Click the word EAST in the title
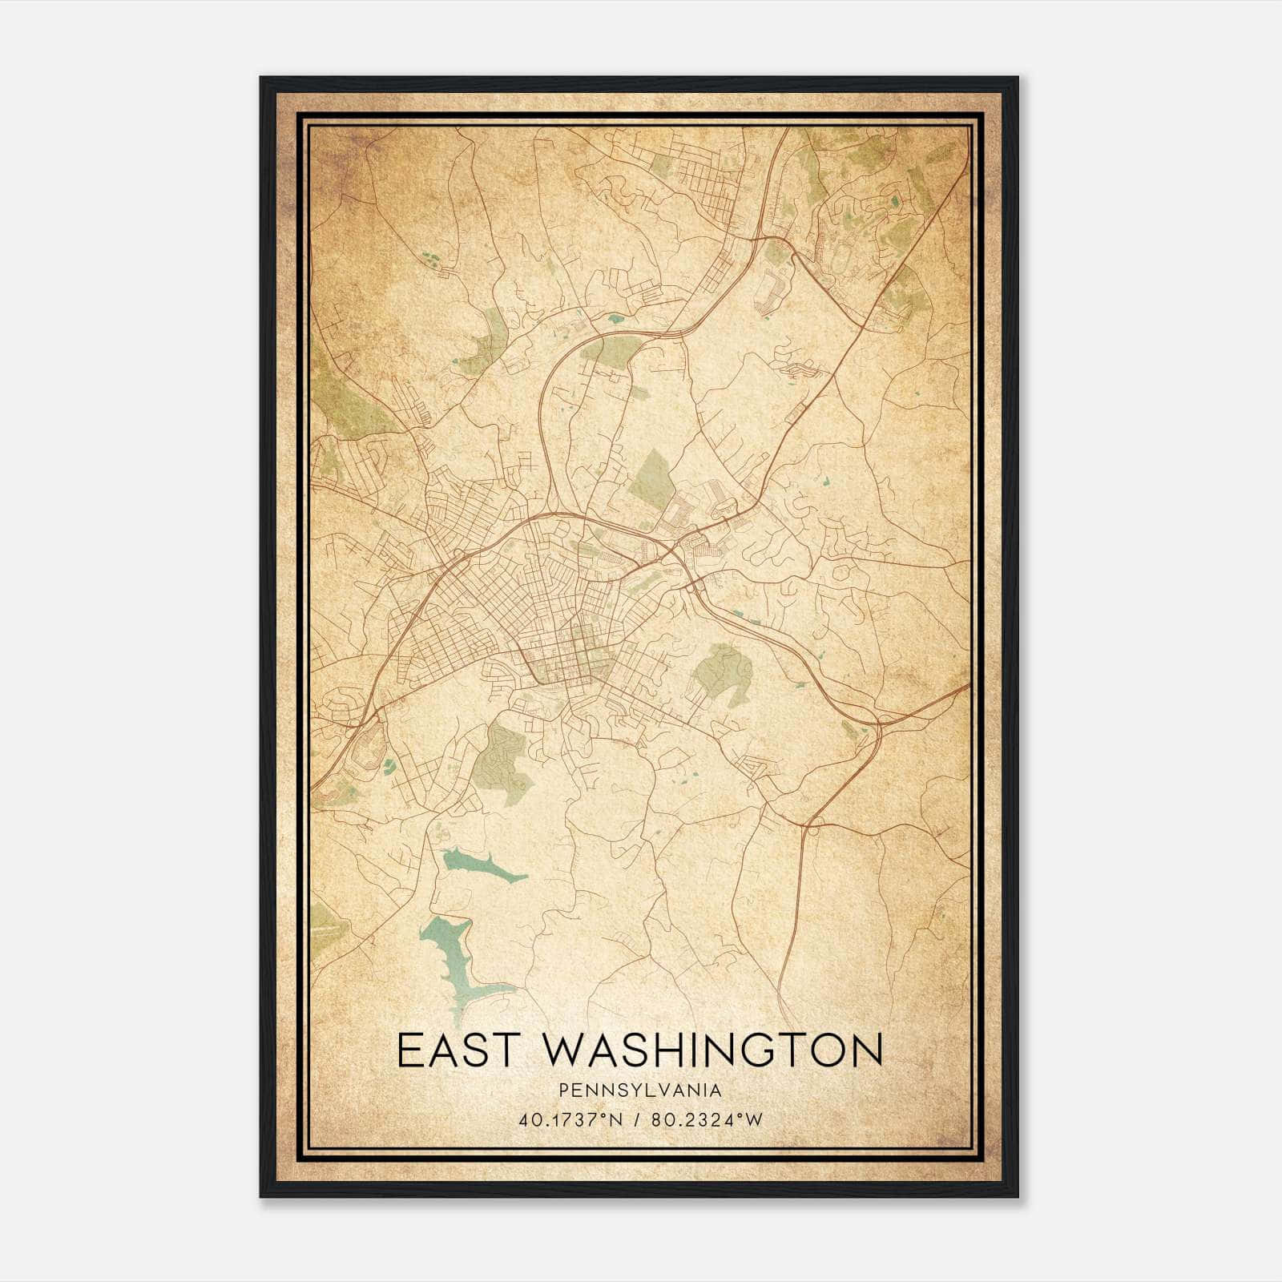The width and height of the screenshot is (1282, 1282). click(x=452, y=1050)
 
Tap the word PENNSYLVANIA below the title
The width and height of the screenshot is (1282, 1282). click(x=640, y=1091)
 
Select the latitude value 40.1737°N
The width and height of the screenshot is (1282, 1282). click(x=570, y=1120)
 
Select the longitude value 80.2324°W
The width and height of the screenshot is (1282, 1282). click(x=707, y=1120)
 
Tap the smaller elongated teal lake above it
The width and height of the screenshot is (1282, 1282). click(x=481, y=865)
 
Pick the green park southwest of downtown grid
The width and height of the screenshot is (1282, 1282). click(x=501, y=758)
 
